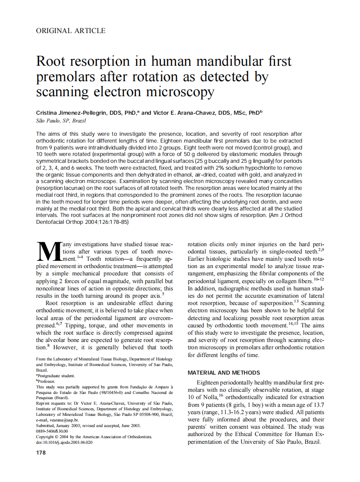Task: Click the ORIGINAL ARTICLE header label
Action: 70,31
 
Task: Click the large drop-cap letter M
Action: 48,252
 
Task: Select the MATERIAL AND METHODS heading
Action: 224,372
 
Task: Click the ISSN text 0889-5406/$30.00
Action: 52,431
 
